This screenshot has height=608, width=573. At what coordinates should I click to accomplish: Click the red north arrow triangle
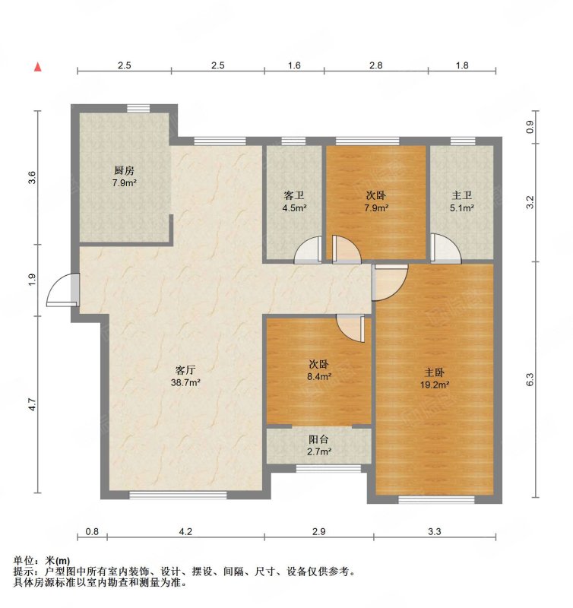point(37,67)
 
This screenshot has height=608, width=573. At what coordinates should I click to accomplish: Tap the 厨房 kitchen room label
point(124,170)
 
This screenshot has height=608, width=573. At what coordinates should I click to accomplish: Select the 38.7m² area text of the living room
point(185,383)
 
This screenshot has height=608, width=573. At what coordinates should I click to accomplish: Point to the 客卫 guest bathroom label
point(294,195)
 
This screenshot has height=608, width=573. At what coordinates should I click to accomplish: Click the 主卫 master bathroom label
point(462,195)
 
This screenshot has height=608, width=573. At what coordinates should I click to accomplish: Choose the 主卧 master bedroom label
point(434,372)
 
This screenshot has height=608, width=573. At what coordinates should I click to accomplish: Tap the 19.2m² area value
point(434,385)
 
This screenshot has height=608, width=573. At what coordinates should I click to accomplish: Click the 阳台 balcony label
point(318,439)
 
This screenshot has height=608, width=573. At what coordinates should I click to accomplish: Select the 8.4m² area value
point(319,376)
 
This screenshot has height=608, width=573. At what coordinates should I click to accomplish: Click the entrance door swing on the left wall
point(63,290)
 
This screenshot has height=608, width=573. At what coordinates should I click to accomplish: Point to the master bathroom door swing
point(446,249)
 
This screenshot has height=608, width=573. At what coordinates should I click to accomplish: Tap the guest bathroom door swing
point(309,250)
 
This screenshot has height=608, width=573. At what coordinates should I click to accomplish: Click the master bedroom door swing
point(389,283)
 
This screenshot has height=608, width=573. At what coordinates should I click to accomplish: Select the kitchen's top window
point(139,109)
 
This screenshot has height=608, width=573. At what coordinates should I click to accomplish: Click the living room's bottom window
point(178,495)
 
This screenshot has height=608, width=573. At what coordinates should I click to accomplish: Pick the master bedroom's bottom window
point(436,500)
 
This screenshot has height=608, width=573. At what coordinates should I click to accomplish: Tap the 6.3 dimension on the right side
point(530,378)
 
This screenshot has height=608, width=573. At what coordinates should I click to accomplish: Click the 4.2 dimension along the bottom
point(185,531)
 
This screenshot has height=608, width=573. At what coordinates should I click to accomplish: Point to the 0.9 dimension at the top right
point(530,127)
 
